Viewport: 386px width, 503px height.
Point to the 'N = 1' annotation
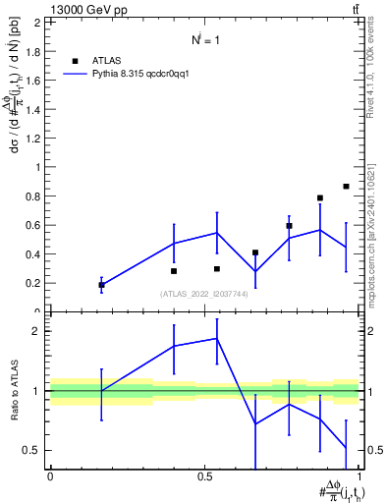(205, 40)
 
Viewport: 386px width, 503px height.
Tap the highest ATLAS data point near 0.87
(346, 186)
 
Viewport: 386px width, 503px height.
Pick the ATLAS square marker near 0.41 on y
(255, 252)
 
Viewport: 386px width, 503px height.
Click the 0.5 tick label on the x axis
(204, 475)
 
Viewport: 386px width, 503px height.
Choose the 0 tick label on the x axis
(49, 475)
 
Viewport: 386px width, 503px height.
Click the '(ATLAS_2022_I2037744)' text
(204, 294)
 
